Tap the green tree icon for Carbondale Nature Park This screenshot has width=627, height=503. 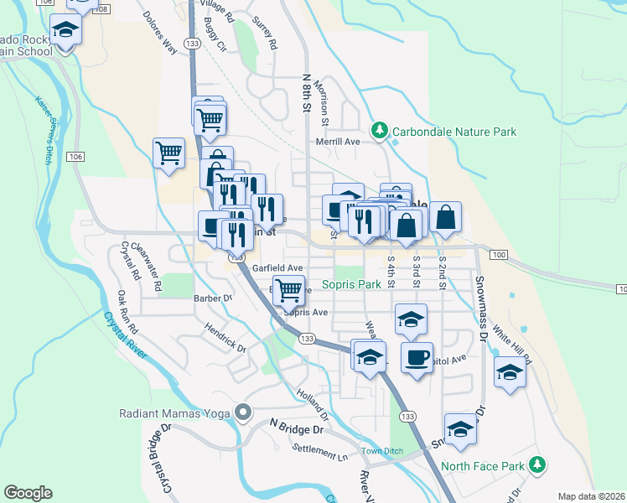point(380,130)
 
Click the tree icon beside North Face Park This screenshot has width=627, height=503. point(540,464)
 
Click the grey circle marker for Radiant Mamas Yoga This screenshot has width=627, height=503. point(244,412)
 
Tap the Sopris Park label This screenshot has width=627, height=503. point(358,285)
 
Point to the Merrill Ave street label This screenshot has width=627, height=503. point(337,142)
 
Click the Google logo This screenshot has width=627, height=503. point(28,493)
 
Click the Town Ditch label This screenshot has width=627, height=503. point(382,451)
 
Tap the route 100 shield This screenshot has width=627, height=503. point(499,254)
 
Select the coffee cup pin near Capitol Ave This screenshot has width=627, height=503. point(417,358)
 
